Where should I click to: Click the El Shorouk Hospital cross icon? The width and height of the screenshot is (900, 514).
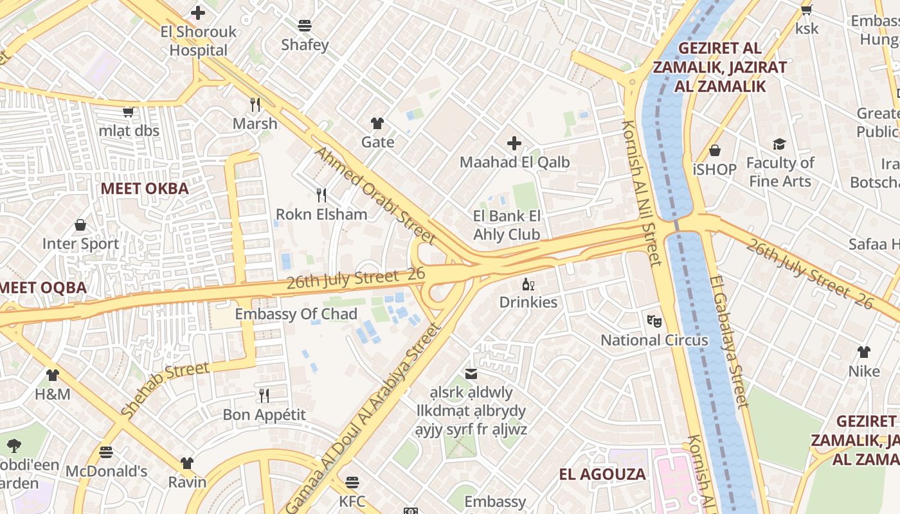click(x=198, y=12)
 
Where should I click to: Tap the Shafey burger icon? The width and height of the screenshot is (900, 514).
click(x=305, y=26)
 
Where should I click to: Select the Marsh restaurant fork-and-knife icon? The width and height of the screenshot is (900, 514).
click(x=255, y=104)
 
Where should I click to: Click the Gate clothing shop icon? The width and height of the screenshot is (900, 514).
click(x=377, y=123)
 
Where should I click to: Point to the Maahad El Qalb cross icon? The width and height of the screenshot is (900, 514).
click(x=514, y=143)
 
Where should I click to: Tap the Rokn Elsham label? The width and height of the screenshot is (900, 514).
click(x=321, y=214)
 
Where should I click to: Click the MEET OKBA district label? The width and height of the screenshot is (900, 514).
click(x=145, y=188)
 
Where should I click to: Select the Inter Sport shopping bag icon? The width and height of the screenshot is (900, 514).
click(x=80, y=225)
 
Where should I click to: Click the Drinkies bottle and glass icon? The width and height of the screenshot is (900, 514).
click(x=528, y=284)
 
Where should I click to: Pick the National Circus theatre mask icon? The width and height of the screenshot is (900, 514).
click(x=654, y=321)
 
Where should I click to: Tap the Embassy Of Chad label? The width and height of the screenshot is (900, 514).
click(x=296, y=314)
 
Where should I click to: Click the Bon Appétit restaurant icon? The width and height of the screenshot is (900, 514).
click(x=264, y=395)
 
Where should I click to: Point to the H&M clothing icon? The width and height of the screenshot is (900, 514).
click(x=53, y=375)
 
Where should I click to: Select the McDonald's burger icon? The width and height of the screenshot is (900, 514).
click(x=106, y=452)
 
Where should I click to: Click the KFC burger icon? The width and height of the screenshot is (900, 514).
click(x=352, y=482)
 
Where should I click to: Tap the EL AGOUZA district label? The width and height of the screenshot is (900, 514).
click(x=602, y=474)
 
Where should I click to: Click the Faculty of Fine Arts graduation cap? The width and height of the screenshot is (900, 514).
click(x=780, y=144)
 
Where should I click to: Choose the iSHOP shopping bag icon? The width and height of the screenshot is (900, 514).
click(x=715, y=150)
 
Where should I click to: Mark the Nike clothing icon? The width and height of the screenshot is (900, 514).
click(x=864, y=352)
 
